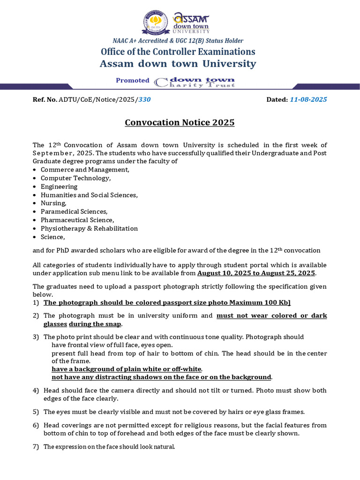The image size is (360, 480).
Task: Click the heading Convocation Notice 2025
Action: click(x=180, y=123)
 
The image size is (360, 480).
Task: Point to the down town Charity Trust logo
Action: click(x=195, y=82)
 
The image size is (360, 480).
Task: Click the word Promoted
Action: click(x=133, y=81)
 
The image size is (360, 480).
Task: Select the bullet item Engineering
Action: click(x=59, y=187)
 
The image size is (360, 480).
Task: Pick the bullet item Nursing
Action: click(x=53, y=203)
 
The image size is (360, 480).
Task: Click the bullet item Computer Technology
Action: click(x=75, y=178)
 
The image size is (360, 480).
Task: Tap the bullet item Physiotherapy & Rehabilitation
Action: click(x=89, y=229)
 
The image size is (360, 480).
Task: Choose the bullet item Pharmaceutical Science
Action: click(x=77, y=220)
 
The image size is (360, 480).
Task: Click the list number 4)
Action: click(x=36, y=391)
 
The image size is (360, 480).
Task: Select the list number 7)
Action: click(x=36, y=447)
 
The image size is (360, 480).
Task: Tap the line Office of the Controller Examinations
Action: click(x=178, y=52)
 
